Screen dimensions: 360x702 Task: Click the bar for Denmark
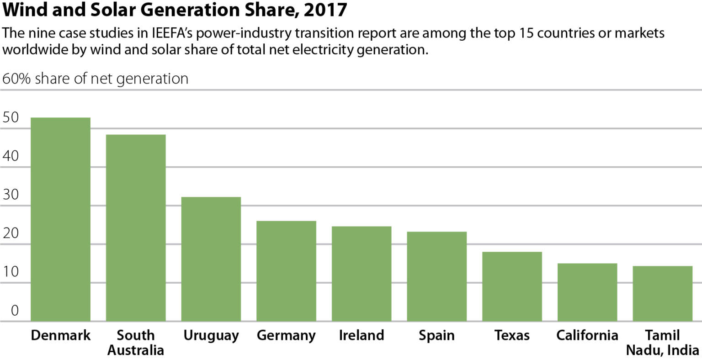click(x=60, y=219)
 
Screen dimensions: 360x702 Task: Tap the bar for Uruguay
click(x=211, y=259)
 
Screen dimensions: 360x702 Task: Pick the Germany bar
click(x=286, y=271)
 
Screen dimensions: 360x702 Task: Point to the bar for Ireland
click(x=362, y=274)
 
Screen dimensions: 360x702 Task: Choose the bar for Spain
click(x=436, y=276)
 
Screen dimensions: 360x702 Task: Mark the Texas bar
click(x=512, y=286)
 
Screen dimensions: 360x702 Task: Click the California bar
click(x=587, y=292)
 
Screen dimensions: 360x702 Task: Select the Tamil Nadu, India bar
click(x=662, y=294)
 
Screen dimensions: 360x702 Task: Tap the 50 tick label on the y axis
click(x=11, y=117)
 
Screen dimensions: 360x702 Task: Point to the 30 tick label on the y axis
click(x=11, y=195)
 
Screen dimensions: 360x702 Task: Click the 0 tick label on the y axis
click(x=15, y=311)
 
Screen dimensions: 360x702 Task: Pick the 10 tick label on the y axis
click(x=11, y=272)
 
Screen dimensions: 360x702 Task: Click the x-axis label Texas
click(x=512, y=335)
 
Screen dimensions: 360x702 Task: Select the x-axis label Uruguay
click(x=211, y=336)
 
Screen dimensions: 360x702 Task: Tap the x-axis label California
click(x=587, y=335)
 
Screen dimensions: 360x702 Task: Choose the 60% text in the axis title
click(x=16, y=79)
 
